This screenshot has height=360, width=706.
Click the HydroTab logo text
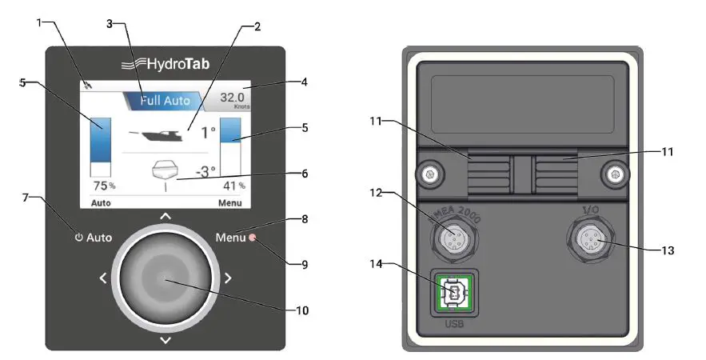166,64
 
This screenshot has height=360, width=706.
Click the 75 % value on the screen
104,186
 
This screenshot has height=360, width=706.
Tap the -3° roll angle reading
206,170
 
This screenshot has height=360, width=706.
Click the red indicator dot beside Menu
253,237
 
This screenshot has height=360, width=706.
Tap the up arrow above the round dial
166,216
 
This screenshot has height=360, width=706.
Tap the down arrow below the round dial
166,340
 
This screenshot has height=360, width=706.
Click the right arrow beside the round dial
228,278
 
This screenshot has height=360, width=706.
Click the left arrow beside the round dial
103,278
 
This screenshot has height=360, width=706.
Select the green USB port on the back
453,294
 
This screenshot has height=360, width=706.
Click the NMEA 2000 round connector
454,238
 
